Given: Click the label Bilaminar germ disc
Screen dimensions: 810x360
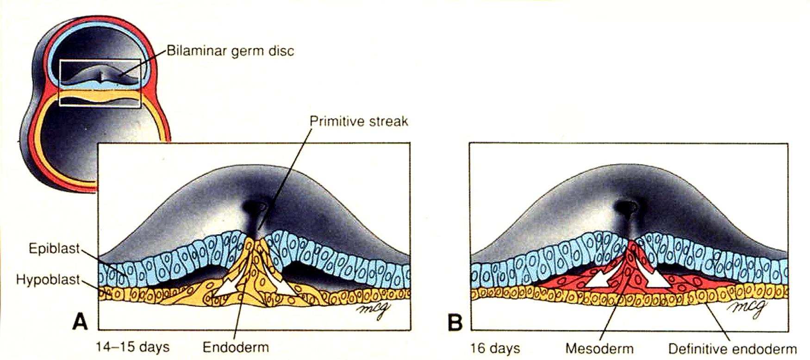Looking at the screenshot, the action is (x=231, y=51).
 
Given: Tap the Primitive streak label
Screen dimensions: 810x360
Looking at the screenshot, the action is (x=359, y=121).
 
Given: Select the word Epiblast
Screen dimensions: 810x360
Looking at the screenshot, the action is (x=54, y=248).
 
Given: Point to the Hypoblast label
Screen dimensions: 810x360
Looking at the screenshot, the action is (x=48, y=280).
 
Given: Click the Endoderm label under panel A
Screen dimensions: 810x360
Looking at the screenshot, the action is (x=236, y=347).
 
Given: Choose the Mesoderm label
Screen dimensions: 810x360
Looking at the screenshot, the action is (x=599, y=348).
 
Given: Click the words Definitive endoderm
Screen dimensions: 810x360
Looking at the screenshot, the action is (x=733, y=348).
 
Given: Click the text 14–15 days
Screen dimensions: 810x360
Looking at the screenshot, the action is (x=133, y=347).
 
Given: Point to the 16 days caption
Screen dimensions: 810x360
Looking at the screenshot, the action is (x=495, y=348).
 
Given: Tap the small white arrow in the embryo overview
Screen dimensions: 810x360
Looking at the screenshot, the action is (x=98, y=78).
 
